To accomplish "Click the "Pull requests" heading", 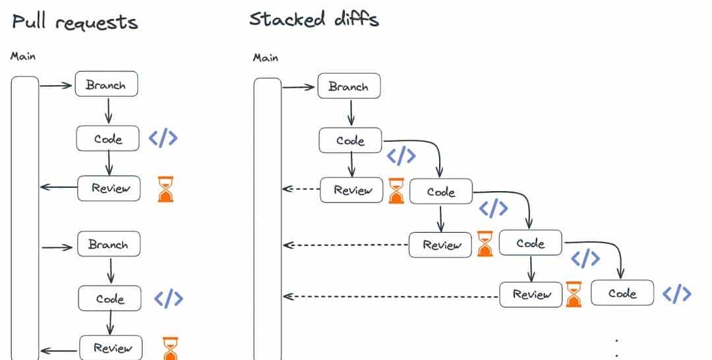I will (x=74, y=22).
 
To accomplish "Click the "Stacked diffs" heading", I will (x=314, y=19).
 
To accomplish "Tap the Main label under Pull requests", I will (x=23, y=57).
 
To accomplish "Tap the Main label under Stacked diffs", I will (x=266, y=58).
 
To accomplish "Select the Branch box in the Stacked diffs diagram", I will (x=349, y=86).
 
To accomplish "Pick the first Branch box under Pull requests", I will (x=106, y=85).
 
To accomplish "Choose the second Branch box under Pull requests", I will (x=108, y=245).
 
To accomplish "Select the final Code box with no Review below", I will (x=622, y=293).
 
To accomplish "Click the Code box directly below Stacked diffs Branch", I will (x=350, y=140).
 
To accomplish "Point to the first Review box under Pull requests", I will (x=109, y=188).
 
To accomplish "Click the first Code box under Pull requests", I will (x=108, y=139).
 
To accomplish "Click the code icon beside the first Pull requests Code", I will (x=163, y=138).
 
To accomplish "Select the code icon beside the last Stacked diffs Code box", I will (x=677, y=293).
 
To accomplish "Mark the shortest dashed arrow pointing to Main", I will (x=301, y=189).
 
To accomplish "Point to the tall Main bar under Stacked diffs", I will (x=268, y=218).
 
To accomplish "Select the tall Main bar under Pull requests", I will (x=25, y=218).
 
